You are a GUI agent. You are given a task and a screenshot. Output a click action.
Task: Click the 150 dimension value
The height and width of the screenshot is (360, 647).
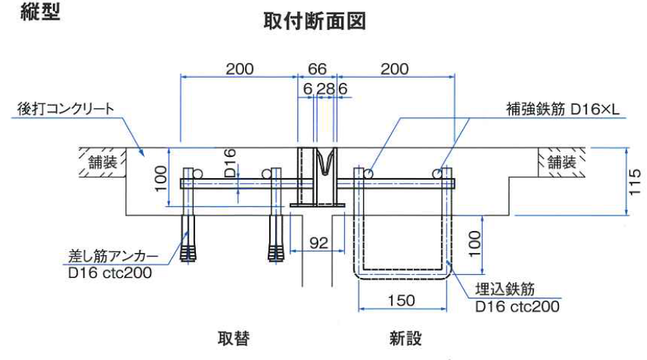point(401,300)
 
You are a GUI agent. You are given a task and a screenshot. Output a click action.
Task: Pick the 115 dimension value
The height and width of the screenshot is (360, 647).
point(635,183)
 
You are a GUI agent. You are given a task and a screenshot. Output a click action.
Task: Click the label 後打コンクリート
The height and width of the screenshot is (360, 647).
point(67,109)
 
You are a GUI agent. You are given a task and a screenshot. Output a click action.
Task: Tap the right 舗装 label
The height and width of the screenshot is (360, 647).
point(561,162)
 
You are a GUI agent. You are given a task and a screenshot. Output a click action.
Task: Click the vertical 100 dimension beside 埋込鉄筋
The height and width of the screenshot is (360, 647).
point(475,241)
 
